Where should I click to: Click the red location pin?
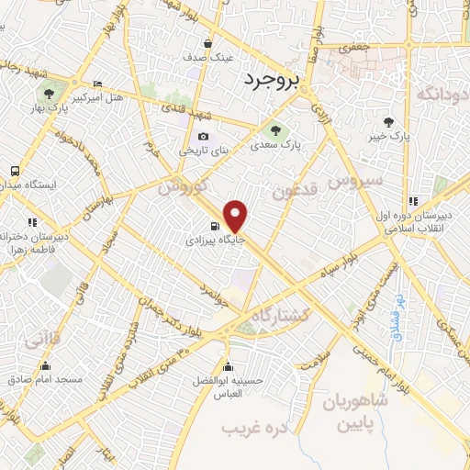[236, 216]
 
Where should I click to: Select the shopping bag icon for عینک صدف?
[210, 43]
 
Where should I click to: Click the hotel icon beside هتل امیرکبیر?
[98, 85]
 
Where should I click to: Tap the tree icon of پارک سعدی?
[274, 129]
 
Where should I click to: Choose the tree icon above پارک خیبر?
[389, 121]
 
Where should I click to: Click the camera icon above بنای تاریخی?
[204, 137]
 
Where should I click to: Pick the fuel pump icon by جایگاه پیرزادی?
[213, 227]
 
